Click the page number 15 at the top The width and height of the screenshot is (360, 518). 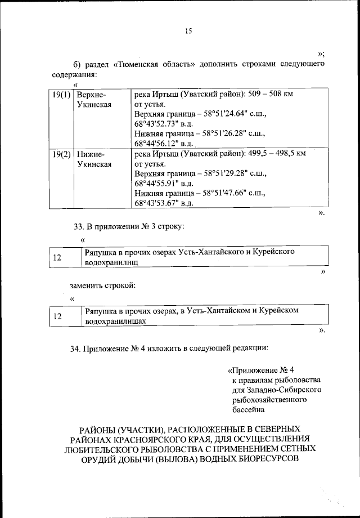click(x=188, y=31)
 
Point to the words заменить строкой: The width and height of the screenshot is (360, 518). click(x=102, y=285)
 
